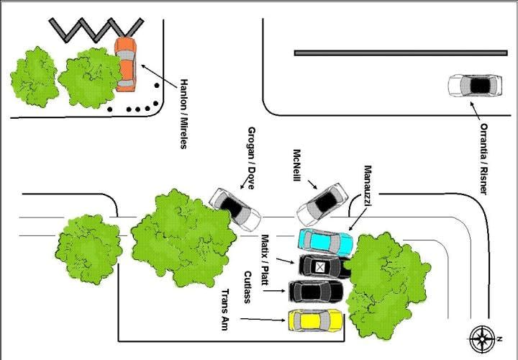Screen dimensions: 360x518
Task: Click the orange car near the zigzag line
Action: (x=125, y=63)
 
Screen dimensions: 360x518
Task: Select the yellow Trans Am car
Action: (x=315, y=320)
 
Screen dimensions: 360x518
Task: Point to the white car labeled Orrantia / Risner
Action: (x=476, y=86)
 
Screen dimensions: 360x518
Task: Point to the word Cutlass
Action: (x=247, y=285)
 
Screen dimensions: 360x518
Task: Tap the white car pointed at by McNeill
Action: (x=322, y=203)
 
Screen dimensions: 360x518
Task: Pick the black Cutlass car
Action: (x=316, y=292)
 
